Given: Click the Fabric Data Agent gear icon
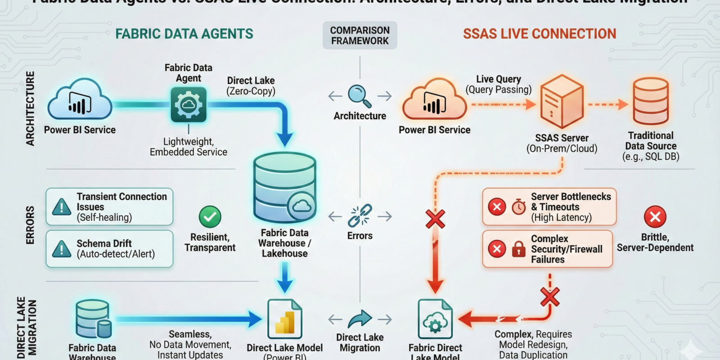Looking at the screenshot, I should click(x=189, y=105).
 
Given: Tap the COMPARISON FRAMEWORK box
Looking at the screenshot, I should click(x=360, y=36).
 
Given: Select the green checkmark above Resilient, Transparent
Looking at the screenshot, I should click(x=210, y=217).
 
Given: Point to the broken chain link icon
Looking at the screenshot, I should click(x=360, y=216).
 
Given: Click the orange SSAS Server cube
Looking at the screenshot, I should click(x=562, y=102).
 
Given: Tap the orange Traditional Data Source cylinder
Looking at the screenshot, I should click(x=651, y=101).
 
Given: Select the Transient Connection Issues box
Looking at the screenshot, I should click(x=109, y=207).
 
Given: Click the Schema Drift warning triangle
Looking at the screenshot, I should click(x=62, y=249).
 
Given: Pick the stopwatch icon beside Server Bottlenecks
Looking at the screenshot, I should click(x=518, y=207).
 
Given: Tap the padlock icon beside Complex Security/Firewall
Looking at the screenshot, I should click(x=518, y=249).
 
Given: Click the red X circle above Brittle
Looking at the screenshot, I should click(x=655, y=217).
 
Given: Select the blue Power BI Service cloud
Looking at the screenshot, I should click(x=80, y=101).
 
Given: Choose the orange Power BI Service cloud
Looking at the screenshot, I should click(x=434, y=101).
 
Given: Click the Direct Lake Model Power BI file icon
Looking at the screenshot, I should click(x=284, y=319).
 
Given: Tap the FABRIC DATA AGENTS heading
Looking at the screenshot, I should click(x=184, y=34).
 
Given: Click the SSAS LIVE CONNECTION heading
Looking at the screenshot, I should click(x=540, y=34).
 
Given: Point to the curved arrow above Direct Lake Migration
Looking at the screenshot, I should click(x=360, y=319).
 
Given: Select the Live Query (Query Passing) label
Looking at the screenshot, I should click(x=498, y=85).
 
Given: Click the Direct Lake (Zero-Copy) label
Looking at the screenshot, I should click(x=251, y=86).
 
